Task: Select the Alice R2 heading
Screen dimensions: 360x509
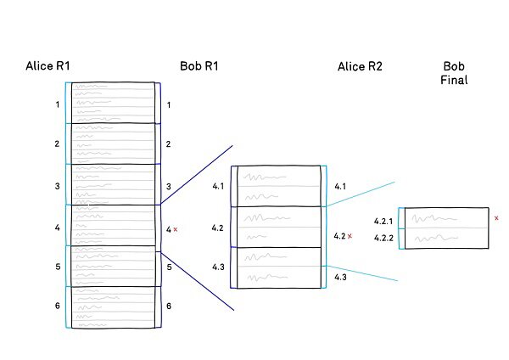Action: tap(360, 66)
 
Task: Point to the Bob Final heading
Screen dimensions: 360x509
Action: tap(455, 73)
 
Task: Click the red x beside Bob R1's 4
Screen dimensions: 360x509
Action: tap(176, 229)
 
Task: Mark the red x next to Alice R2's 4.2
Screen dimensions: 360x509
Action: tap(350, 236)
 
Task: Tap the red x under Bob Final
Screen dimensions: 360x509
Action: tap(496, 218)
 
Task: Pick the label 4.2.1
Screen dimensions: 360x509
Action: tap(383, 222)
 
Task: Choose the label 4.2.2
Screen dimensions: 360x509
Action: tap(383, 239)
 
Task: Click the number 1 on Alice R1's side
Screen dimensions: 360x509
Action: tap(58, 105)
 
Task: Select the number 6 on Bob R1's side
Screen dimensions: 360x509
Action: tap(169, 307)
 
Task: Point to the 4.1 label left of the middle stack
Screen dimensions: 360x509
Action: tap(218, 187)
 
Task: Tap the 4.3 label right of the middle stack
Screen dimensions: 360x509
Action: tap(340, 278)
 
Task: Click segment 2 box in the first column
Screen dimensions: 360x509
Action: tap(114, 143)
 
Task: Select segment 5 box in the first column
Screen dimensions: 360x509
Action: tap(114, 266)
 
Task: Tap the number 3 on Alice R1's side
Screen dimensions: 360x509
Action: tap(58, 186)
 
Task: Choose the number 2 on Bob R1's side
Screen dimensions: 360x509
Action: tap(169, 145)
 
